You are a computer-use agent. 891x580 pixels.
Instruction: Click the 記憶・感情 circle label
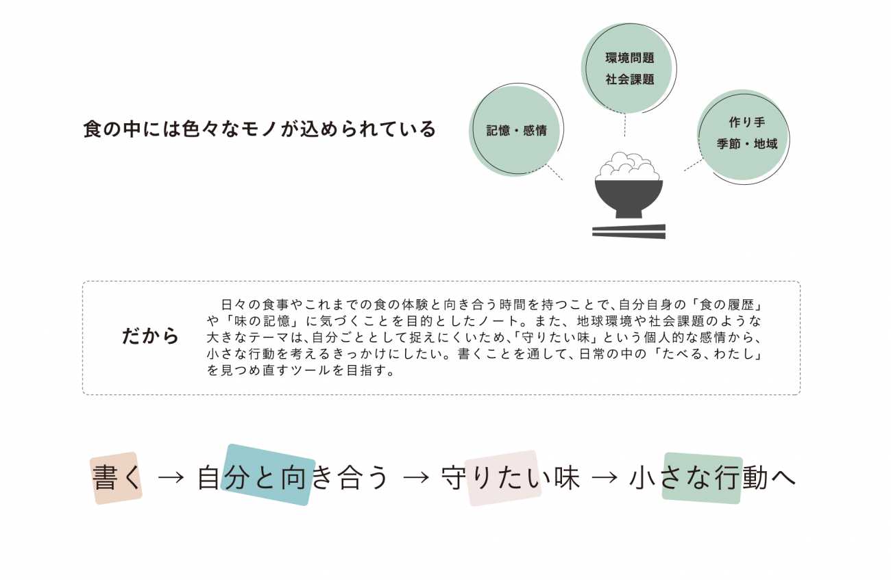tap(516, 131)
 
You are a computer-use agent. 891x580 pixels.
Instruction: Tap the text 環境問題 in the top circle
tap(629, 58)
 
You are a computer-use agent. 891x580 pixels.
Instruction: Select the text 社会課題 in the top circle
tap(629, 79)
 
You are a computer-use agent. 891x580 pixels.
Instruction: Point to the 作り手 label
tap(746, 123)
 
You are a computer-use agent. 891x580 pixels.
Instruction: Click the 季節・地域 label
tap(746, 144)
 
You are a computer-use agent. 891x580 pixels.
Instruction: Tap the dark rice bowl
tap(628, 198)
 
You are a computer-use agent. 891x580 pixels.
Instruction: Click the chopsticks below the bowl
tap(628, 231)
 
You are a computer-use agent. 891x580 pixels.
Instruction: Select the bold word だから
tap(151, 336)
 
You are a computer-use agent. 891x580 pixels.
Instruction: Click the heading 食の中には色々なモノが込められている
tap(259, 129)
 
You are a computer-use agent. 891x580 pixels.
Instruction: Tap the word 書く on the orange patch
tap(117, 478)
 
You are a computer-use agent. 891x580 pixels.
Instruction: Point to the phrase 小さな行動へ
tap(713, 478)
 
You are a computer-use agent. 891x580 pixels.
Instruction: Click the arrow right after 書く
tap(171, 478)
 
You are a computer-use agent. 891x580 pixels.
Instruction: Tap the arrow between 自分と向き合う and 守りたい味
tap(415, 478)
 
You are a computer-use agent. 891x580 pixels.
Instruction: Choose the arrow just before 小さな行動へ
tap(604, 478)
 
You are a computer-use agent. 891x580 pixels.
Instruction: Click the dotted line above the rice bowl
tap(625, 127)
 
